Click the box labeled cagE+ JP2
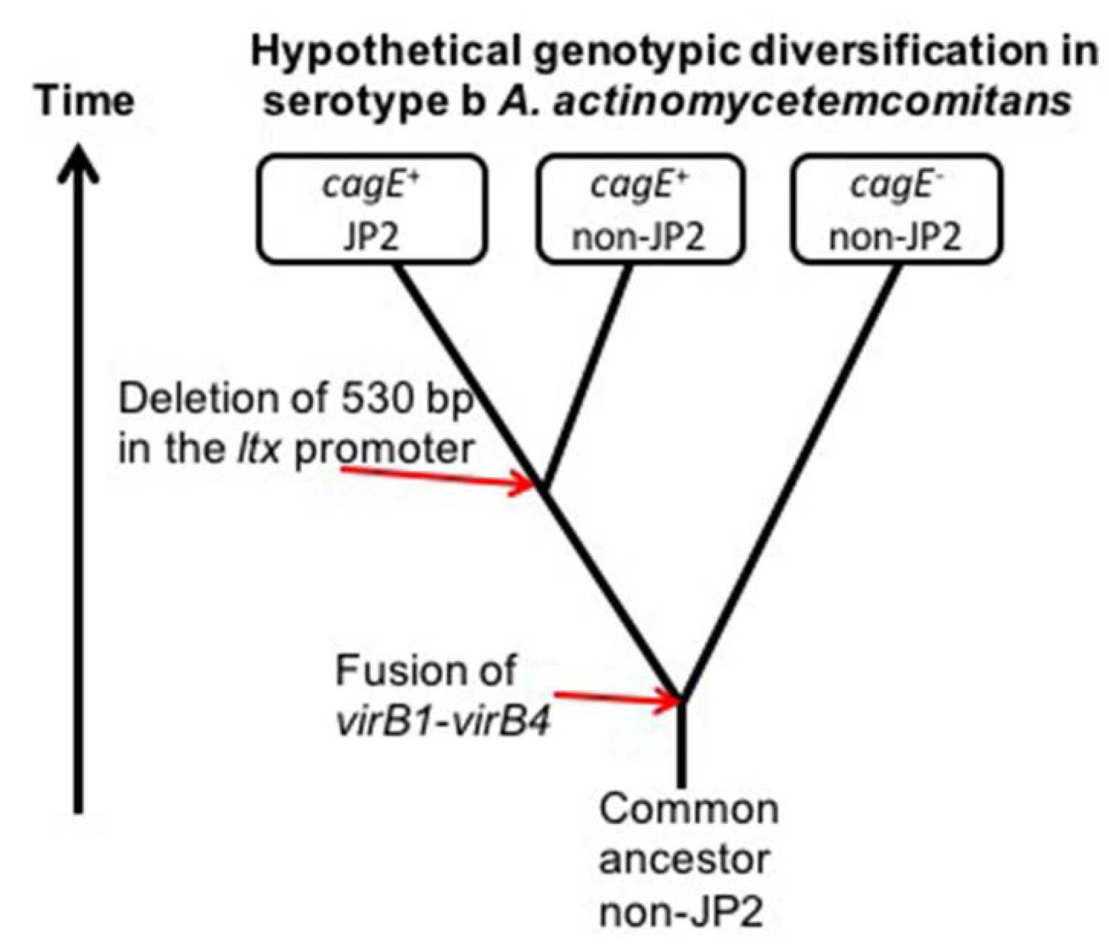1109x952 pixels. [372, 209]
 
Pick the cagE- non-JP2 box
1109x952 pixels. [895, 209]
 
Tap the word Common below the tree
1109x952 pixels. [688, 809]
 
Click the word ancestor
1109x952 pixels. [684, 860]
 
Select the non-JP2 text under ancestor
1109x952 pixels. [681, 911]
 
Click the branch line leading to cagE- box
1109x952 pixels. [795, 475]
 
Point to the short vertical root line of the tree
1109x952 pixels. [681, 744]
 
